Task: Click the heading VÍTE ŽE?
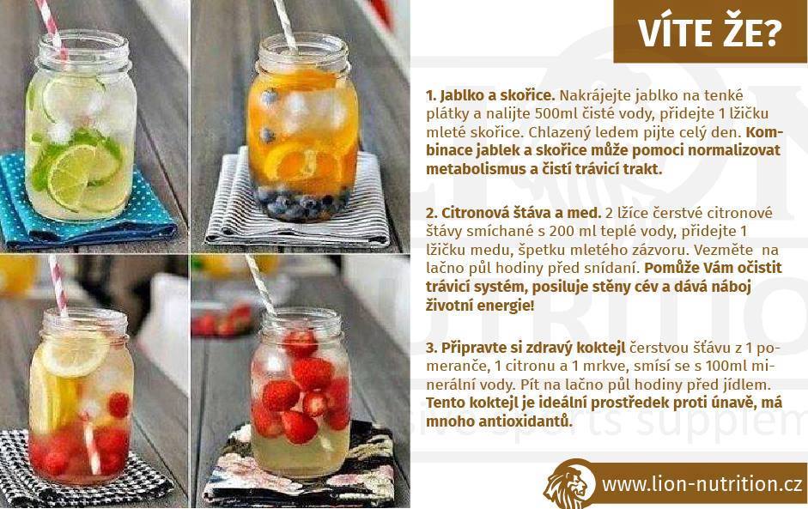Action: click(710, 33)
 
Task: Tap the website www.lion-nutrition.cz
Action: click(702, 485)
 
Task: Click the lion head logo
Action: click(569, 484)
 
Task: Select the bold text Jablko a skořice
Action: click(490, 95)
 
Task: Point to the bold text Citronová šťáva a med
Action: click(513, 213)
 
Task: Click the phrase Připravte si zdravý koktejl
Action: click(526, 348)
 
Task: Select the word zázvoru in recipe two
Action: click(659, 250)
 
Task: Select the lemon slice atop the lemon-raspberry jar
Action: click(74, 353)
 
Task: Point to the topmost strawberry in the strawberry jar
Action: click(301, 343)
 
